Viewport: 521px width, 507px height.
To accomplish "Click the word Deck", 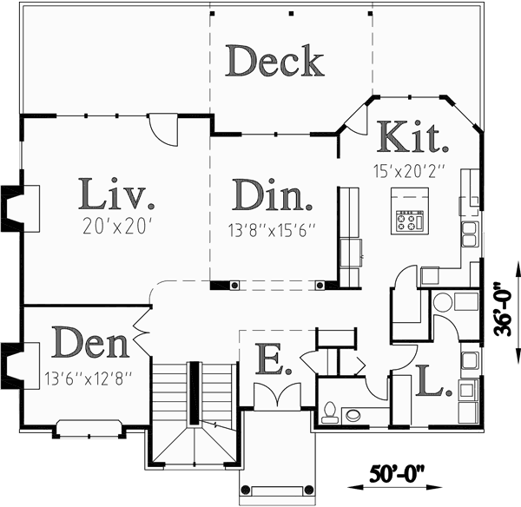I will (x=275, y=63).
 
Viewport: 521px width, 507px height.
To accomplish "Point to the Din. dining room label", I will (x=274, y=194).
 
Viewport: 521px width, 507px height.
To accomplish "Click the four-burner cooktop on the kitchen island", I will (x=410, y=221).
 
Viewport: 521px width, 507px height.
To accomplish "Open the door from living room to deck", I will (x=163, y=130).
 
